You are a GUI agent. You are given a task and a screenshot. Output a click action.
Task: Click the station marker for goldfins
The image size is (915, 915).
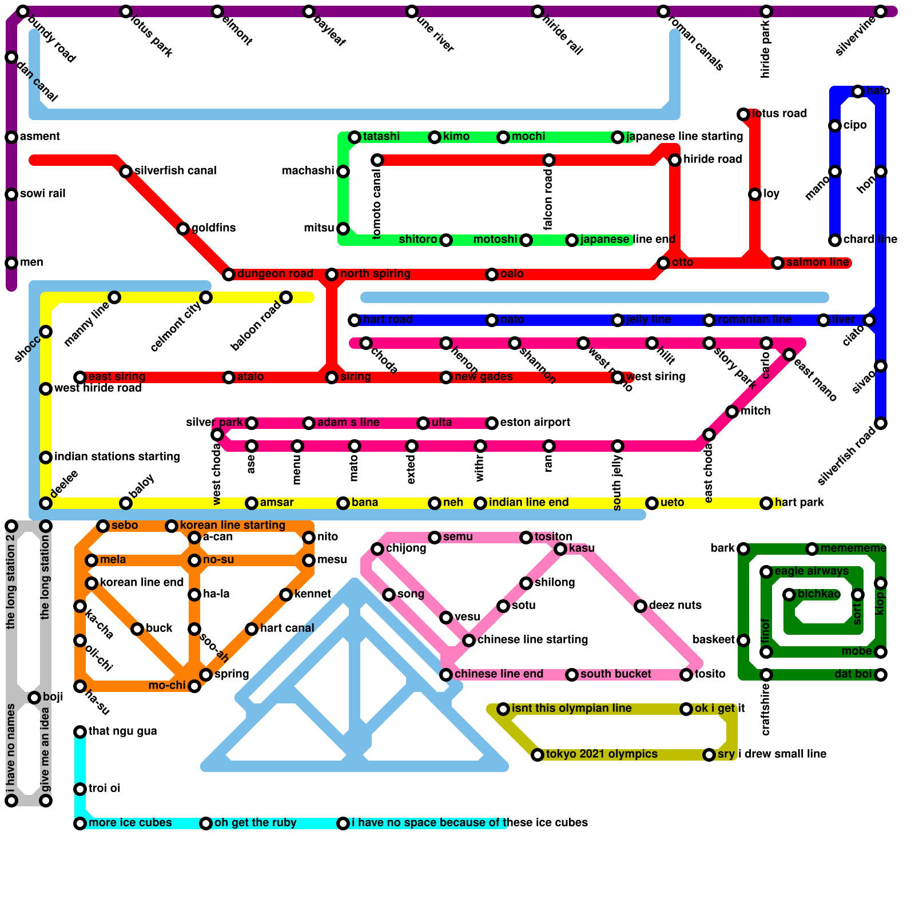point(183,229)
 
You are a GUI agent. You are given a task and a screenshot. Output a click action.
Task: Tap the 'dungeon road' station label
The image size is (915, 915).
point(274,274)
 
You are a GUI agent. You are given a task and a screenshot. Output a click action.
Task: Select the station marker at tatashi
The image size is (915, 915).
point(355,137)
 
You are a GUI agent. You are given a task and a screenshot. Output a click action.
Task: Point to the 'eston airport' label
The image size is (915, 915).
point(535,423)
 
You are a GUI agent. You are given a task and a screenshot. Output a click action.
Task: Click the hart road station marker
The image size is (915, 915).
point(355,320)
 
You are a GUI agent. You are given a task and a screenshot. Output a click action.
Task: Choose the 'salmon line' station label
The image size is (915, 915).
point(817,262)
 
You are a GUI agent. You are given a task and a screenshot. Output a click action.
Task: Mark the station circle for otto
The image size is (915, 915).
point(663,263)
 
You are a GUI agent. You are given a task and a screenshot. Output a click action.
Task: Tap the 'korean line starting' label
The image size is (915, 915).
point(232,526)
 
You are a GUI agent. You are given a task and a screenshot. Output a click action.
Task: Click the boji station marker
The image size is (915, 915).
point(34,698)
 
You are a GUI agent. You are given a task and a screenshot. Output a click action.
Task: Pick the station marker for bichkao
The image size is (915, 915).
point(789,595)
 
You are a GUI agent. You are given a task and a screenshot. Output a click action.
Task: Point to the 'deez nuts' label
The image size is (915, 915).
point(675,606)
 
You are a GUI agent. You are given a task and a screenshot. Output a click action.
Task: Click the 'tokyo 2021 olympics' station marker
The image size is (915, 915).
point(538,755)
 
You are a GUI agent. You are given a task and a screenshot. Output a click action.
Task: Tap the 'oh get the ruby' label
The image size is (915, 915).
point(255,823)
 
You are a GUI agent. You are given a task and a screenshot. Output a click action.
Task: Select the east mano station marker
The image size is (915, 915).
point(789,355)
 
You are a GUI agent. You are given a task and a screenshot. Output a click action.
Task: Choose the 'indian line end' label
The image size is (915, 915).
point(528,503)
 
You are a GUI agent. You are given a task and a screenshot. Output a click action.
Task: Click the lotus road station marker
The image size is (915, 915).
point(743,114)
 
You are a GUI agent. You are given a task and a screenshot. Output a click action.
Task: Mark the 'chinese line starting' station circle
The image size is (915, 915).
point(469,640)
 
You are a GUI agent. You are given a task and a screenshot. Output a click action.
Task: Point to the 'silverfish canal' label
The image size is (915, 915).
point(175,171)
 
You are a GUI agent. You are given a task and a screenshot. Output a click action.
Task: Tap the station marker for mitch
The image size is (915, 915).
point(732,412)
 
